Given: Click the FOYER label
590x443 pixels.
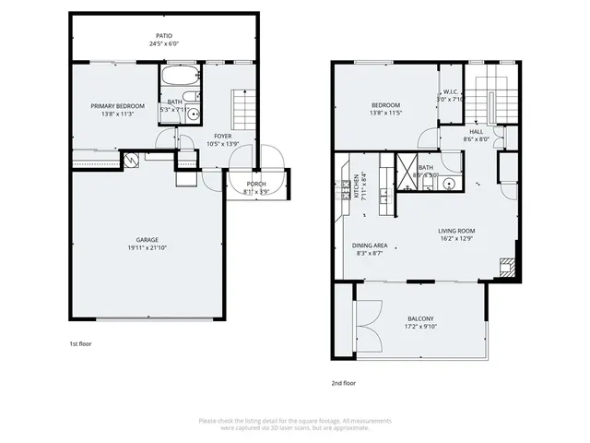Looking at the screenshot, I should click(223, 135).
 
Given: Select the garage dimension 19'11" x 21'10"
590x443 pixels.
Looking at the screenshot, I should click(147, 248).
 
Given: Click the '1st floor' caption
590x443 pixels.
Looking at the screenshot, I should click(80, 344).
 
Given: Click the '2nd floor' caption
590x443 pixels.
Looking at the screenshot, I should click(343, 382).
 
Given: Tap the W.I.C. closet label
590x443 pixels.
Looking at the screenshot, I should click(451, 91).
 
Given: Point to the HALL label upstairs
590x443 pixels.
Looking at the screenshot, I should click(476, 132).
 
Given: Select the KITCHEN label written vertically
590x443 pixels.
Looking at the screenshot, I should click(356, 186).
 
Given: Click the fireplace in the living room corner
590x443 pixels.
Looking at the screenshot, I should click(504, 269).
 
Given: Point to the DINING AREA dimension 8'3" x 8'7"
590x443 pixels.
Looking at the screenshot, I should click(369, 253).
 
